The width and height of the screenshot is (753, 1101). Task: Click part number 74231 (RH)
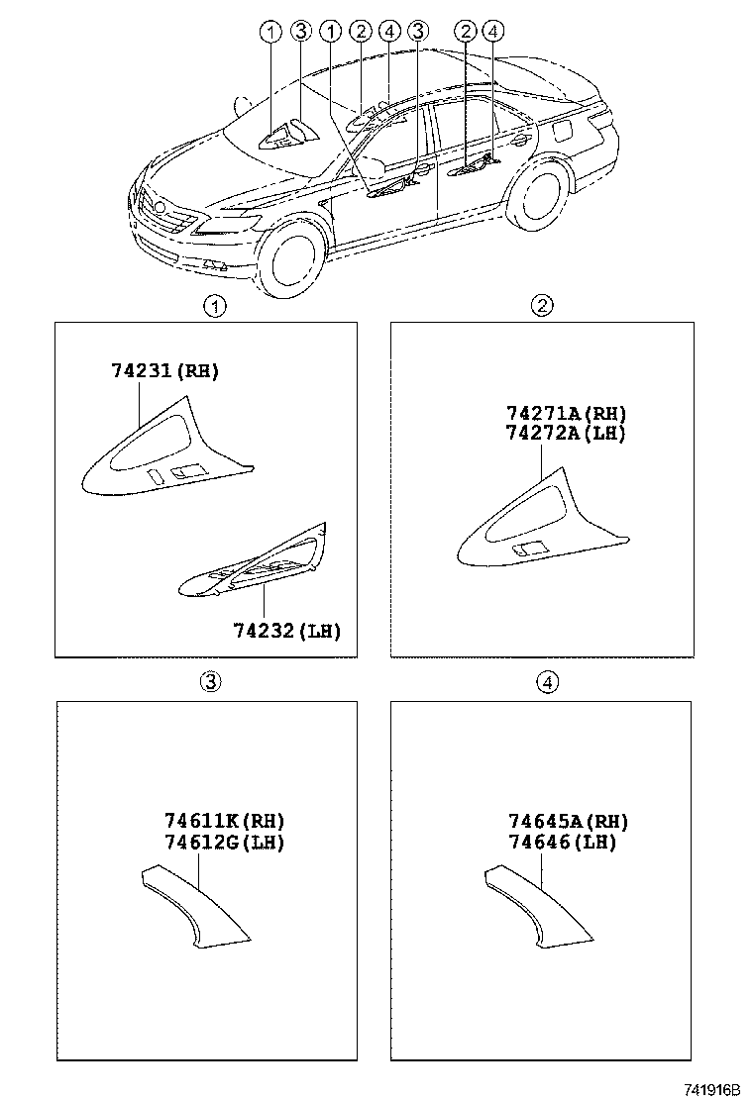164,371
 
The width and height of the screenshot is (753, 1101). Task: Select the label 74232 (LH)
287,631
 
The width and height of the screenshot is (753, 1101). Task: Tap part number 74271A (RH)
566,413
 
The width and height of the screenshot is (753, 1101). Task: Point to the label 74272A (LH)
566,433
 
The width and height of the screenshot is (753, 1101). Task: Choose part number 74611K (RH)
225,821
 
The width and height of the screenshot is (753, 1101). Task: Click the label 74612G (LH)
225,843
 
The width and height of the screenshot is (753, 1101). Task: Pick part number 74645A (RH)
568,821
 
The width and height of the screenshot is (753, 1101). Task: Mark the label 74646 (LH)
562,843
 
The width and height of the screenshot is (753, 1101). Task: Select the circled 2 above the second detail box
542,307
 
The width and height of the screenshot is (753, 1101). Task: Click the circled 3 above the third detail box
211,681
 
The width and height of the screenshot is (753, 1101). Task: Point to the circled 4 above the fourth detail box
547,681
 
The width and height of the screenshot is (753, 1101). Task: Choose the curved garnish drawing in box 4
535,906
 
